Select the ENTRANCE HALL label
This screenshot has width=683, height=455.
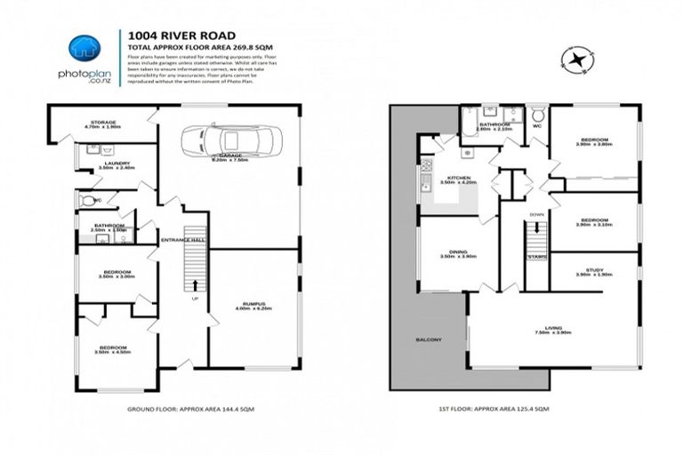coord(182,241)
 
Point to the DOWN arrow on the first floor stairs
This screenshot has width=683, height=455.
coord(536,229)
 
